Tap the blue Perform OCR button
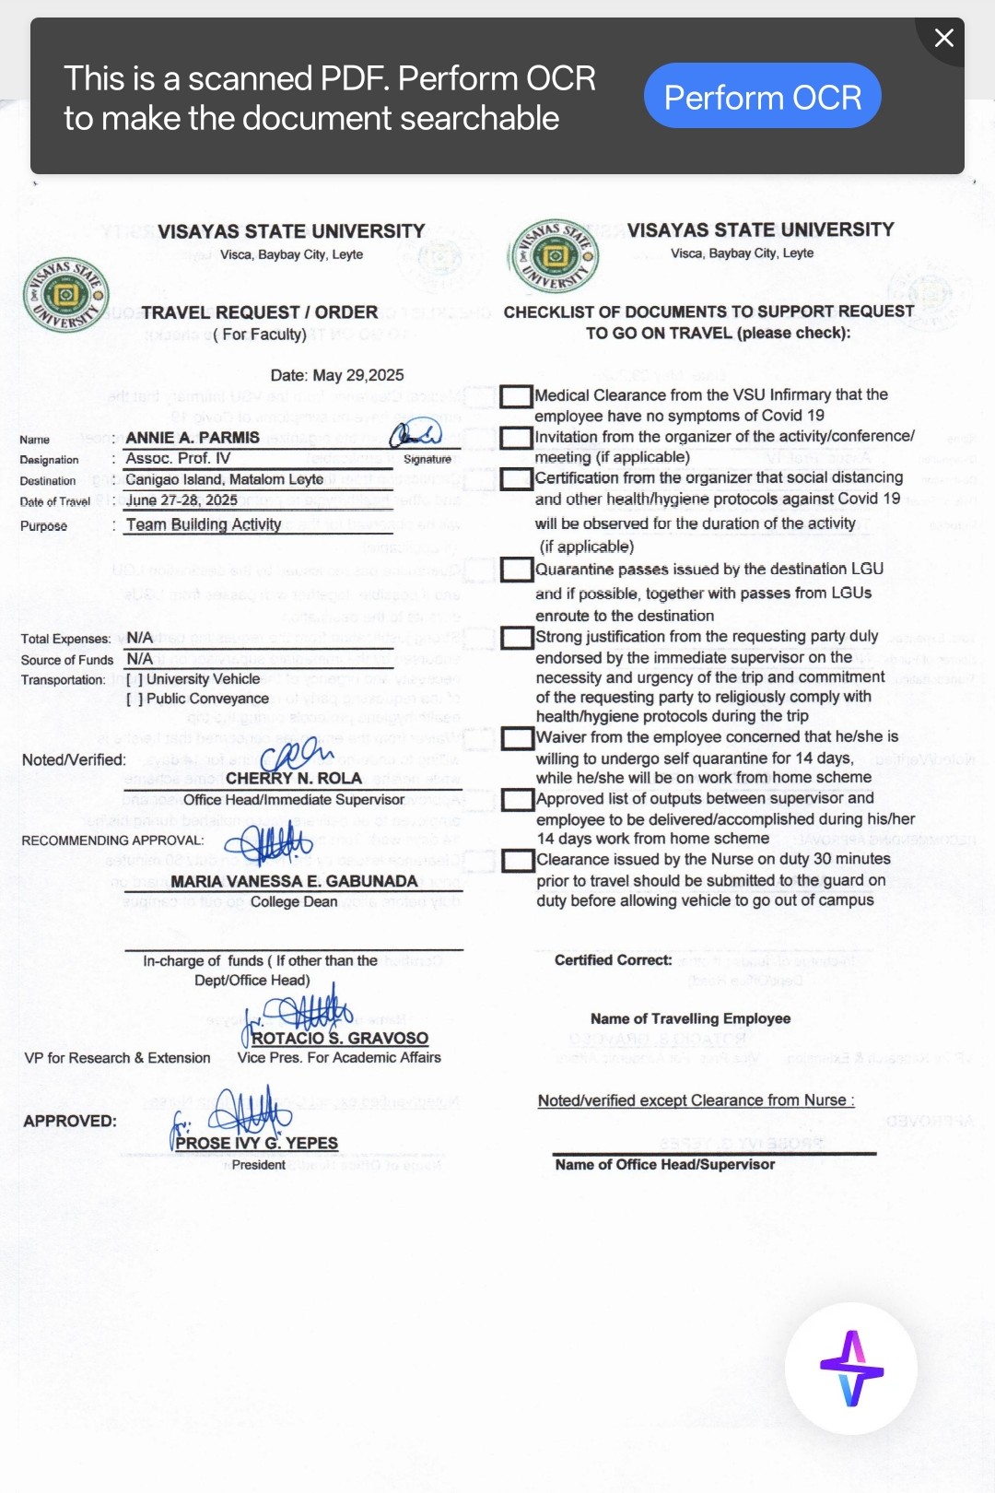(762, 96)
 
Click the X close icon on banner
(943, 38)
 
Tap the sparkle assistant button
(850, 1368)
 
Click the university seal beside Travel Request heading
(65, 295)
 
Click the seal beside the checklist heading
(554, 255)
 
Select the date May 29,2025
(337, 375)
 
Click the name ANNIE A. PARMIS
(193, 438)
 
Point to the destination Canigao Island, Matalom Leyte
(224, 479)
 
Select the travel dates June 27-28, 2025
(181, 500)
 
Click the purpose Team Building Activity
(204, 524)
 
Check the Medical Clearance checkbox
(516, 396)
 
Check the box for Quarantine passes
(517, 570)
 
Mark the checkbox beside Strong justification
(517, 638)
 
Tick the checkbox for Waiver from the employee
(517, 738)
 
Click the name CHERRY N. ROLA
(294, 779)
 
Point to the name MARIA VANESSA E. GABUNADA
(294, 882)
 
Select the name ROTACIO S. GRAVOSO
(340, 1039)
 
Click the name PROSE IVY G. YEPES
(257, 1144)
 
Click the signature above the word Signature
(416, 433)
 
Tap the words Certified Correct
(613, 960)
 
